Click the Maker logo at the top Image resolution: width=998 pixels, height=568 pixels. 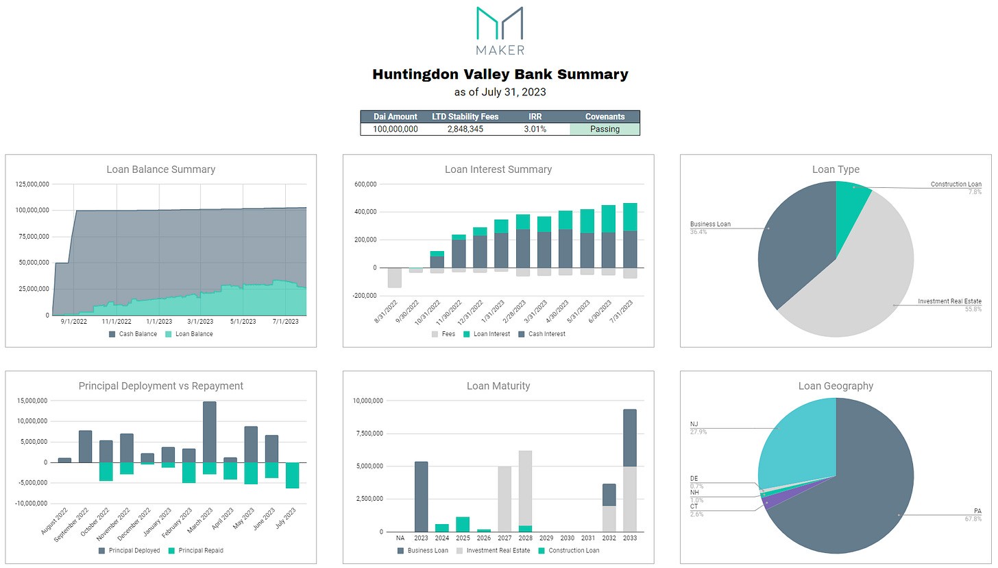pos(499,30)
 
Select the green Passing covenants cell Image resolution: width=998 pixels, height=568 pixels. pos(605,129)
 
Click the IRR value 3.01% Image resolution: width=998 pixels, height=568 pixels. pos(534,129)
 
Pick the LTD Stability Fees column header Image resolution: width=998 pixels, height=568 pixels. pos(465,117)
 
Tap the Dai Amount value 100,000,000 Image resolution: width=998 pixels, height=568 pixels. pos(395,129)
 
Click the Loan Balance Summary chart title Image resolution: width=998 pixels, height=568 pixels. pos(160,169)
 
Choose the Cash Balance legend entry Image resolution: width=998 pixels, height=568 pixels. pos(134,334)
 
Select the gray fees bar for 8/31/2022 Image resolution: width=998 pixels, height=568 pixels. pos(394,277)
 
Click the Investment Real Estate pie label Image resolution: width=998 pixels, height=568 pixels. pos(949,302)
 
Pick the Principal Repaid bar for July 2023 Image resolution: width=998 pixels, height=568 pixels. pos(293,475)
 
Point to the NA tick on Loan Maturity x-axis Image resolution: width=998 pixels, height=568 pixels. pos(400,538)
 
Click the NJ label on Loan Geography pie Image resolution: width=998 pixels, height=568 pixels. pos(694,425)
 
